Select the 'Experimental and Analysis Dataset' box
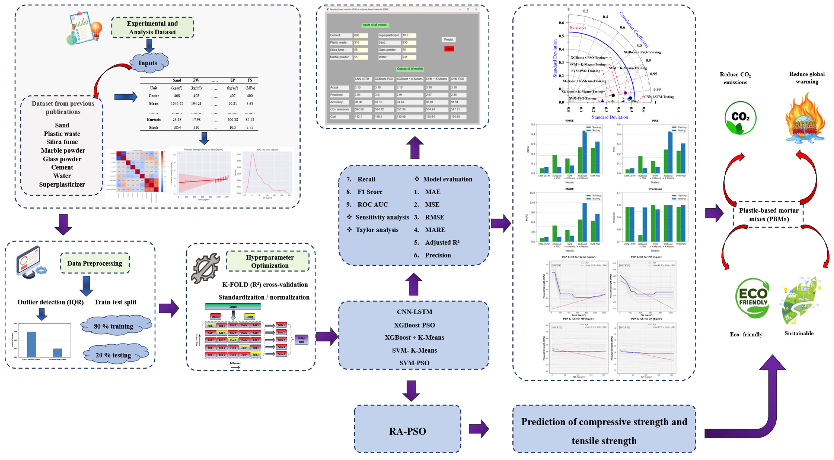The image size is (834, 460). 152,28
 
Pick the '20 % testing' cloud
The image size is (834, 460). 114,354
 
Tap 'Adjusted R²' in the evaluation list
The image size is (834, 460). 442,242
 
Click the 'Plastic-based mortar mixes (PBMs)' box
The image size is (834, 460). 769,215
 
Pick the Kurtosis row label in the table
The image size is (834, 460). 154,120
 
